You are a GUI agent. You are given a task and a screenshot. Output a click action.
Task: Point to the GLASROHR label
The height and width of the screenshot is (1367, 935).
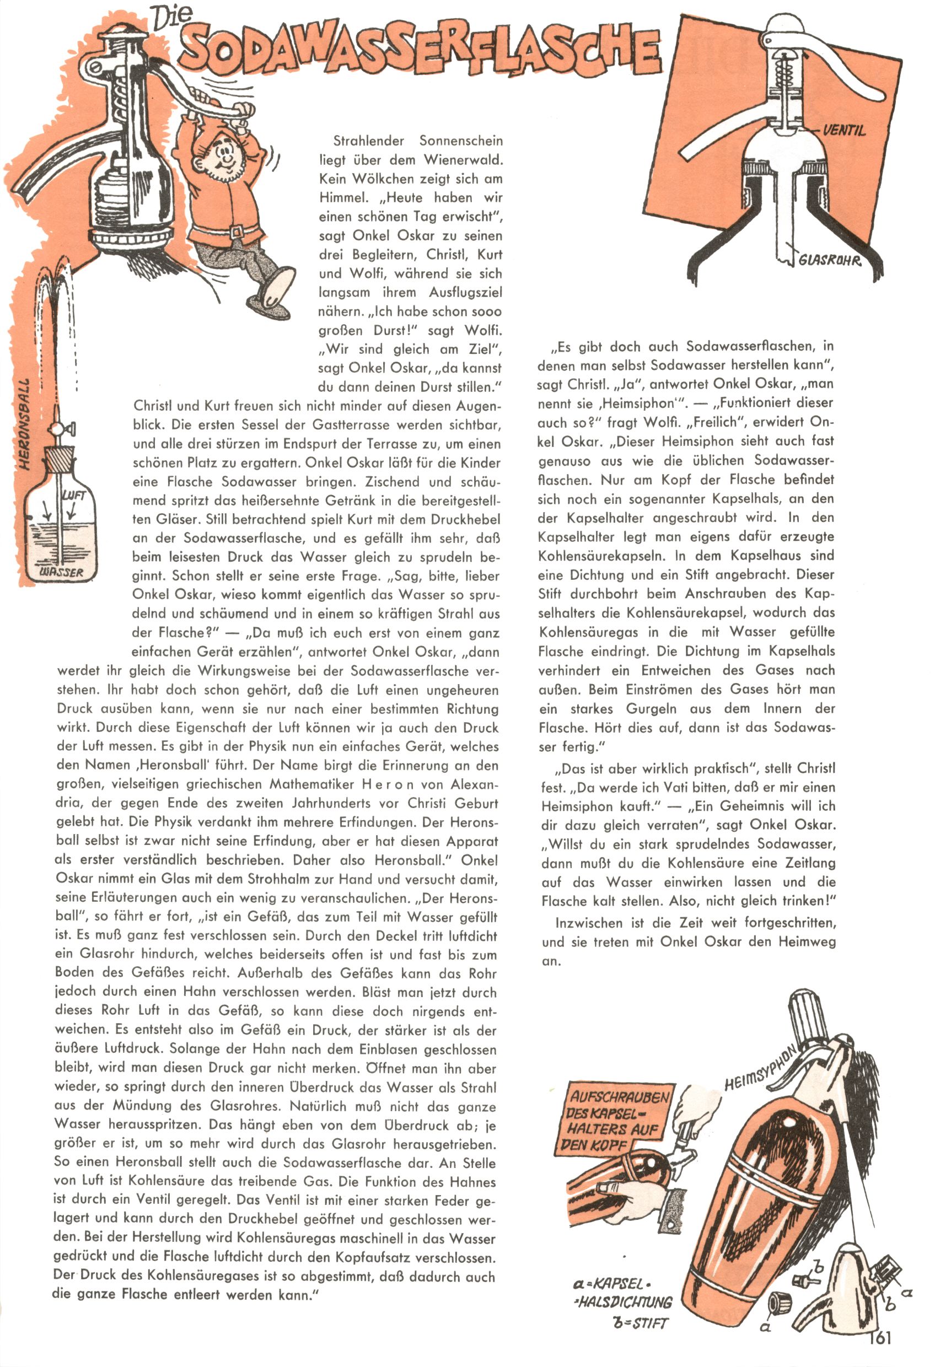point(829,260)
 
